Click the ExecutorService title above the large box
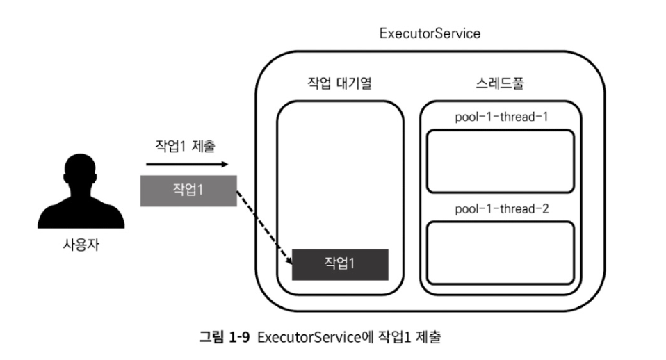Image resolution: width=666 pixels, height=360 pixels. click(430, 33)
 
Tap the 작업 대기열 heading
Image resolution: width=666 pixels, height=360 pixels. click(340, 85)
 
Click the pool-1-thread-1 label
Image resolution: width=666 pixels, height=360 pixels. click(501, 116)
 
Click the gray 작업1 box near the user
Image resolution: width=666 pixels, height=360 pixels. click(188, 189)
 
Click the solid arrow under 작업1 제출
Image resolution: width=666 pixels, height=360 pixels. click(185, 165)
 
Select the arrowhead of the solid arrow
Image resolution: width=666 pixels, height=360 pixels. click(224, 165)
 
